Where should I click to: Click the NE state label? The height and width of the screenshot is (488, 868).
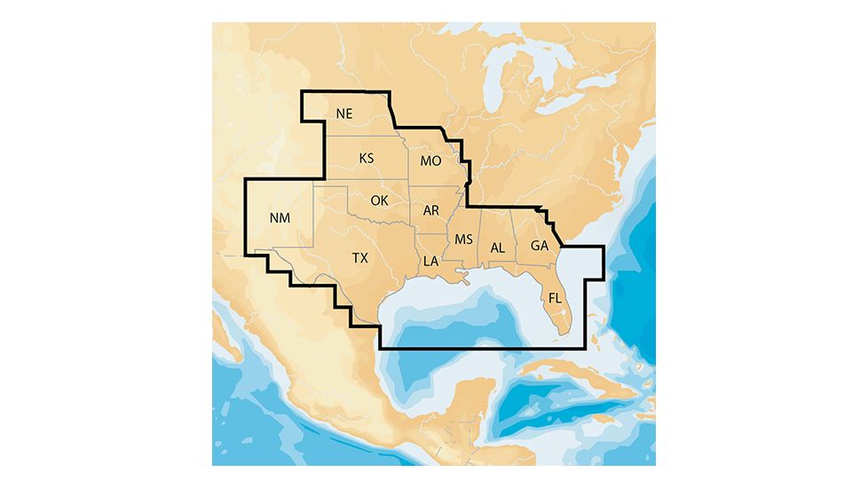coord(344,114)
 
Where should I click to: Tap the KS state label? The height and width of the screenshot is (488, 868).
coord(367,158)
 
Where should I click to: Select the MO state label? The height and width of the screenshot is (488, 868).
coord(430,161)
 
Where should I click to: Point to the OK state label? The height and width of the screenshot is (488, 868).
coord(379,200)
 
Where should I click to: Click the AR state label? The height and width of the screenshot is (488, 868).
coord(431,210)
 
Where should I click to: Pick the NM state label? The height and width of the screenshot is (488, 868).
coord(278,216)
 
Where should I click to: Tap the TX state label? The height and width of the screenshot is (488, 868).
coord(359,258)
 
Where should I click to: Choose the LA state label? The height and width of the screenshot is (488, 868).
coord(430,261)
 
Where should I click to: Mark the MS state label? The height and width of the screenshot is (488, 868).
coord(463,240)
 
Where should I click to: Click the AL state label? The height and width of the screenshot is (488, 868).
coord(498,247)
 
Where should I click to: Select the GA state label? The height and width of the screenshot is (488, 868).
coord(539,245)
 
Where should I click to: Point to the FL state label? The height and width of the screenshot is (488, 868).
coord(555,297)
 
